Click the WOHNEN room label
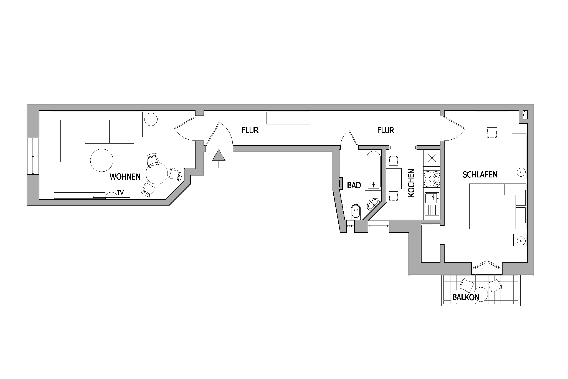tap(125, 177)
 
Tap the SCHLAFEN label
tap(480, 174)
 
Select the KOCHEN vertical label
tap(412, 183)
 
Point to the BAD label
tap(354, 185)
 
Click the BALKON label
tap(466, 297)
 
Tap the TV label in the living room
tap(120, 192)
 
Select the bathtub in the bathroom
tap(373, 170)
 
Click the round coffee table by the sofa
tap(102, 160)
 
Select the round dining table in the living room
tap(157, 173)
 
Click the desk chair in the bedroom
tap(492, 132)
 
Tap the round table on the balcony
tap(480, 294)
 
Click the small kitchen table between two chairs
tap(394, 179)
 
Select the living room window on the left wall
tap(33, 156)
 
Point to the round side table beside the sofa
tap(151, 119)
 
